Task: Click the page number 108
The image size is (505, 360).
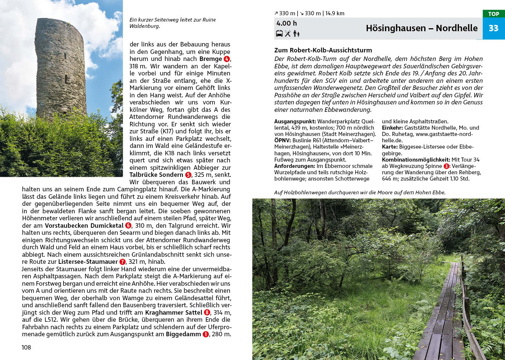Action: [26, 347]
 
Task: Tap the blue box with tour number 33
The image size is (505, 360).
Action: [493, 28]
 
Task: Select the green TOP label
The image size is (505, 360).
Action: [493, 14]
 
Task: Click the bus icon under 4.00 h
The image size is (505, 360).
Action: [279, 34]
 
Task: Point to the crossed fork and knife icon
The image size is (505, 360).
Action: [288, 34]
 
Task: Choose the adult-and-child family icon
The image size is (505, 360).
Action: [296, 34]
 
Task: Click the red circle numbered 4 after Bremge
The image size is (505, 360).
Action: [227, 59]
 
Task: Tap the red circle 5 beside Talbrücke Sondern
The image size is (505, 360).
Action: [188, 175]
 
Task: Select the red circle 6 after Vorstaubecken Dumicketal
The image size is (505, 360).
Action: [128, 226]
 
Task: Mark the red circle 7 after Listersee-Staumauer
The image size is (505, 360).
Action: [122, 262]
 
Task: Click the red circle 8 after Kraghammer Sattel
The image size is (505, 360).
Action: [207, 312]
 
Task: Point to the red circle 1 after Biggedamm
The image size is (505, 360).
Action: [205, 334]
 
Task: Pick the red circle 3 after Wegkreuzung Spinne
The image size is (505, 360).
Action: [446, 166]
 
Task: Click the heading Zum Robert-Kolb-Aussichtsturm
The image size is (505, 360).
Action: [323, 50]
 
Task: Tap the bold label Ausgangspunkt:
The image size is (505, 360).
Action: [295, 121]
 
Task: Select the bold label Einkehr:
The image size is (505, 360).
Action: [392, 127]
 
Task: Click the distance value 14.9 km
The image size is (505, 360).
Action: [335, 13]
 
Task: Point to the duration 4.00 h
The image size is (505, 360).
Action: [287, 23]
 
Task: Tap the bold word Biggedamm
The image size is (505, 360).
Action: [183, 334]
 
